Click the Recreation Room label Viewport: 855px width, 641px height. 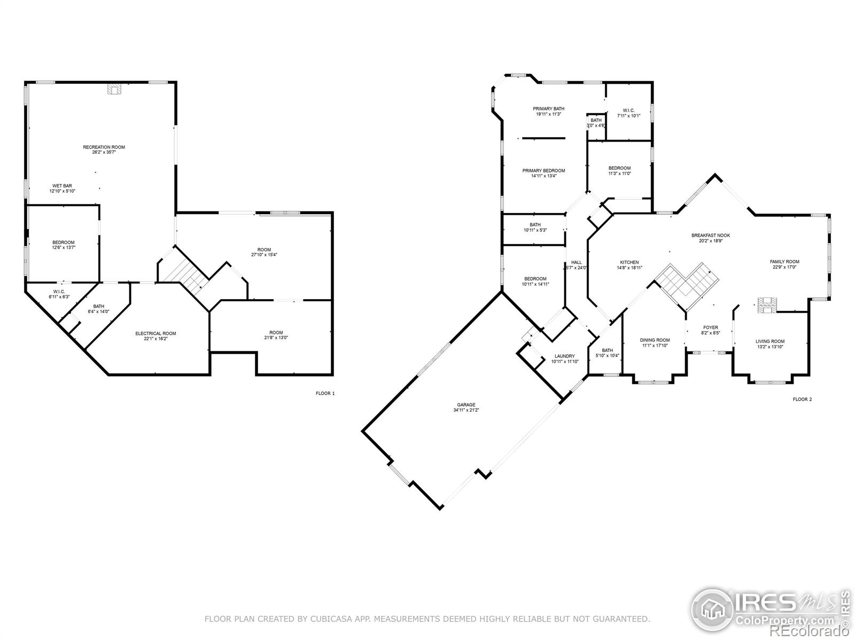(x=104, y=147)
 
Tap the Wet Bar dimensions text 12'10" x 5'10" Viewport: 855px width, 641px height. (x=62, y=191)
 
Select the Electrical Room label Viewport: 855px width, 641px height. (x=156, y=333)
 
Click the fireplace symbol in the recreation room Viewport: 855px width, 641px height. (x=114, y=89)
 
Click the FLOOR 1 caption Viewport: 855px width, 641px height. (x=325, y=394)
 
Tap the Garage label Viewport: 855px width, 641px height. (x=466, y=405)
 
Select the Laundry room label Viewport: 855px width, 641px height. (x=564, y=356)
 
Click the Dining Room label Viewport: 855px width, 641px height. (x=655, y=340)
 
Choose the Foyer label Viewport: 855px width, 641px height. (x=710, y=327)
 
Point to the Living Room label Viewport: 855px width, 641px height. (x=770, y=341)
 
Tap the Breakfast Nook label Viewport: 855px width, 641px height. (x=710, y=235)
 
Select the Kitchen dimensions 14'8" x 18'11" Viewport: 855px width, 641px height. (x=629, y=268)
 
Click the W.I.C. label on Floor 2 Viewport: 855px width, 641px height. (x=628, y=110)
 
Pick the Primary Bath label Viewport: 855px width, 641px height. (x=548, y=108)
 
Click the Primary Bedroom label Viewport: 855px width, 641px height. (x=543, y=171)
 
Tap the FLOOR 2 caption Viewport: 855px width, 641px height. (x=802, y=399)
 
